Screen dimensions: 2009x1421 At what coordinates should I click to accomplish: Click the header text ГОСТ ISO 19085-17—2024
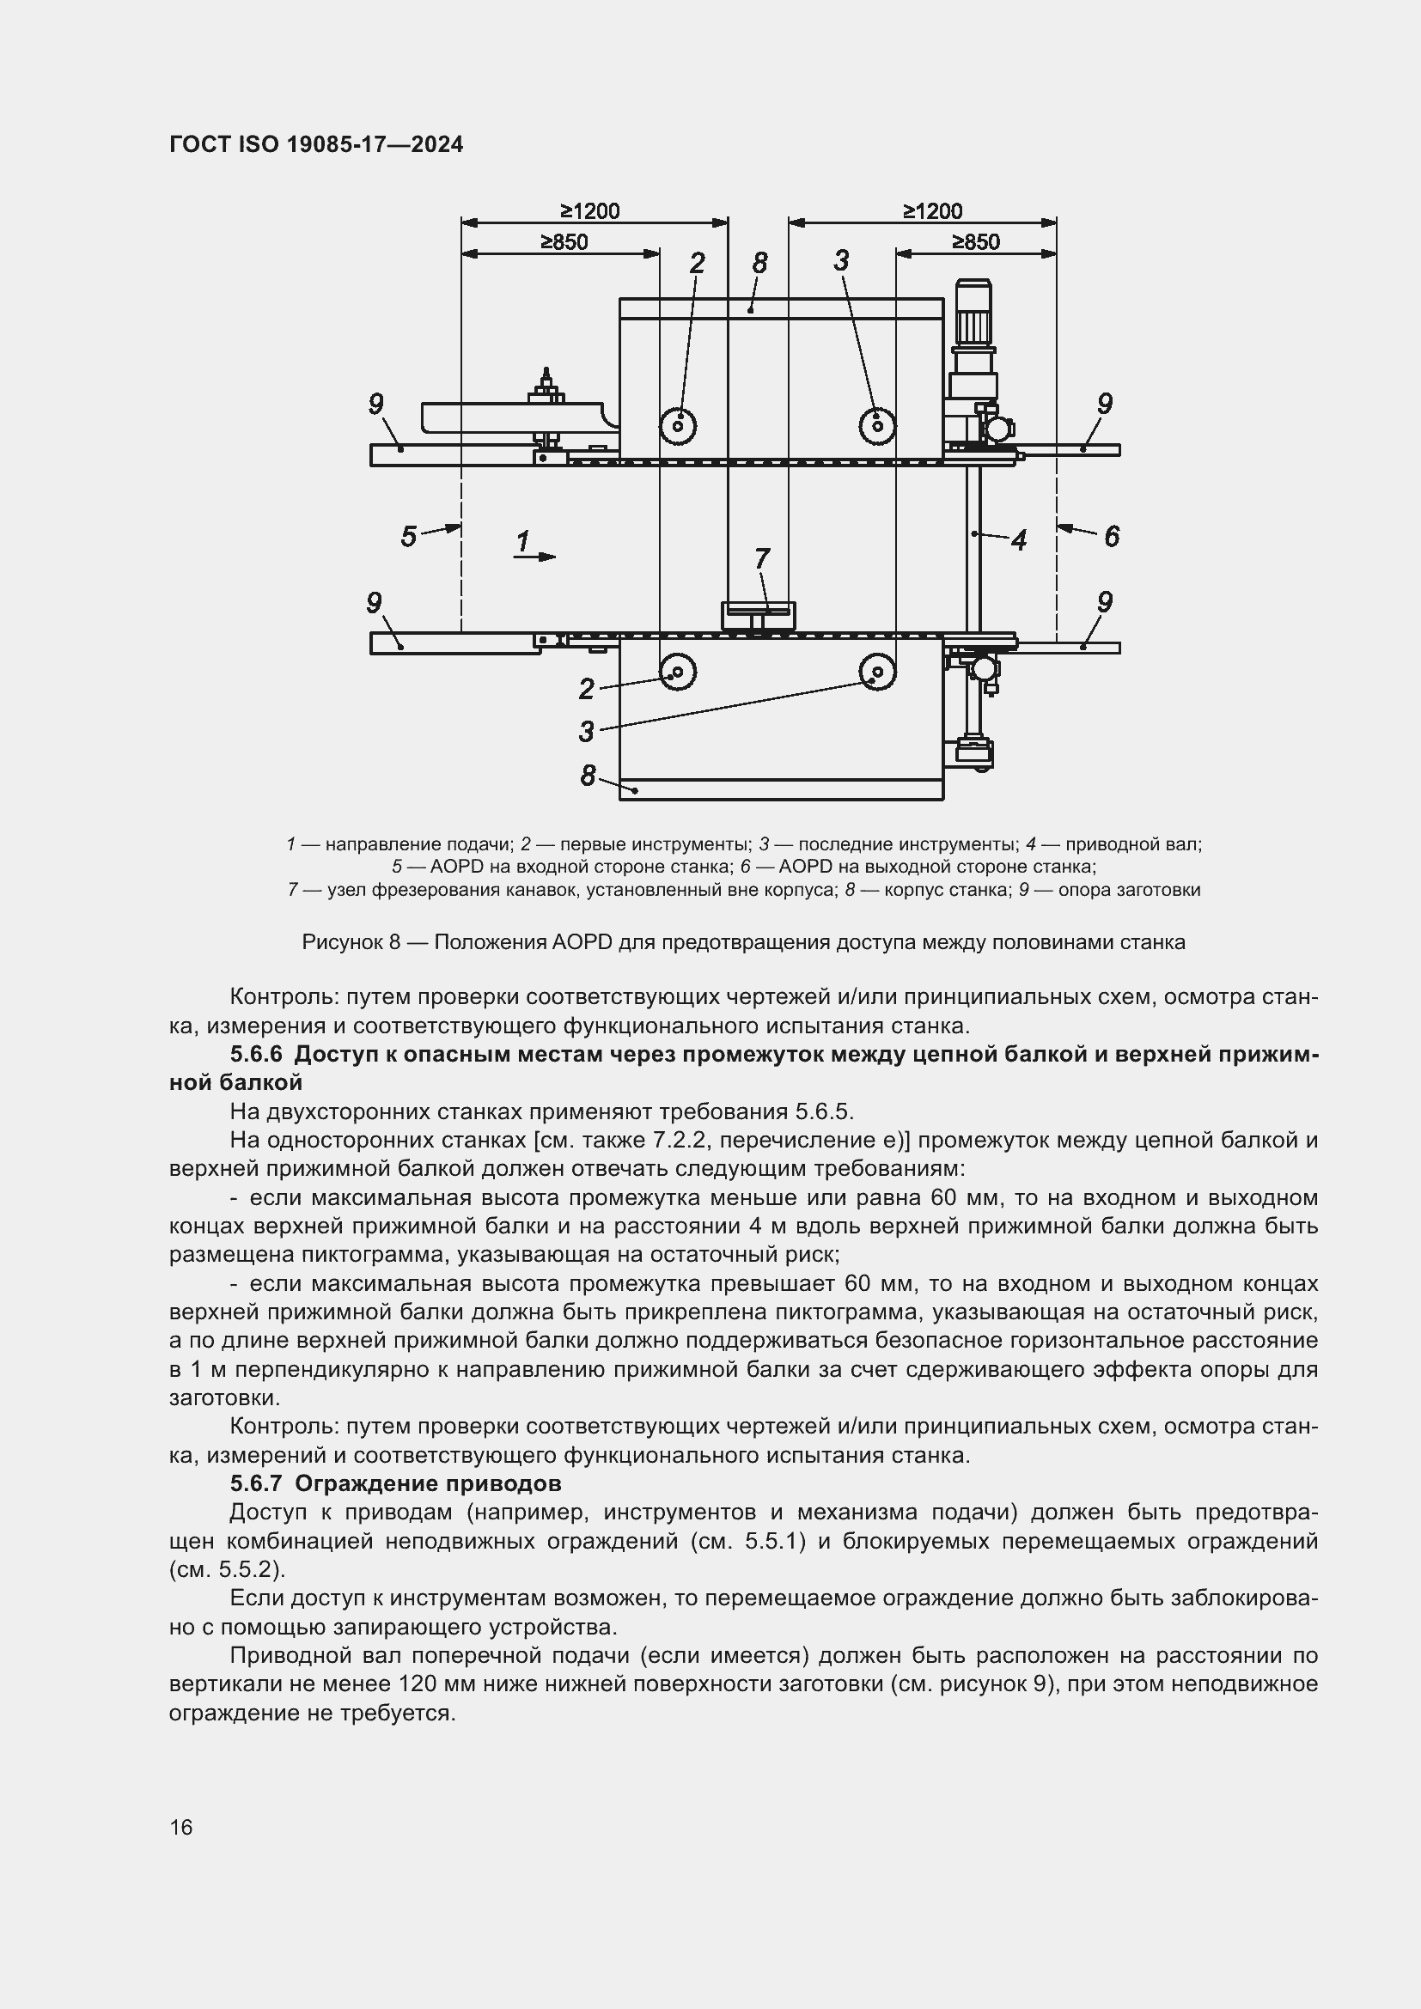(x=316, y=144)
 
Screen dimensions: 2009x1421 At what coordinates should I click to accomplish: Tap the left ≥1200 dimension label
(x=589, y=211)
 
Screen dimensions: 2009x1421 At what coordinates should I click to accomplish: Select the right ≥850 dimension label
(x=976, y=242)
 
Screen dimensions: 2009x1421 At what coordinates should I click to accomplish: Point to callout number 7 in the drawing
(x=762, y=557)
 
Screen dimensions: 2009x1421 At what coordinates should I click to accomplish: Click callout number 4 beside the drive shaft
(x=1019, y=540)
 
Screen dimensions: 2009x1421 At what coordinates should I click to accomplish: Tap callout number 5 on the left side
(x=409, y=535)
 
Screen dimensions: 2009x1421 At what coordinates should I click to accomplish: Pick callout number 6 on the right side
(x=1111, y=535)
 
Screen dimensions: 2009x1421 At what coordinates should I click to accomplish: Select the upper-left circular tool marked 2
(x=678, y=425)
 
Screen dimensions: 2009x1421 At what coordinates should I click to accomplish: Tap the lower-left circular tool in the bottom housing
(x=678, y=673)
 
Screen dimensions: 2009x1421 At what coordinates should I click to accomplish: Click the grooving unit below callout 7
(x=758, y=615)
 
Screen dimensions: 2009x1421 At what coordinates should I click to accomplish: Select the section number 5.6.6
(x=258, y=1055)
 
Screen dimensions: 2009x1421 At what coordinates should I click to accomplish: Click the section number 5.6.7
(x=258, y=1484)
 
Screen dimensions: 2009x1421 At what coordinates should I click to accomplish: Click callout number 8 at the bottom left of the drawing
(x=588, y=776)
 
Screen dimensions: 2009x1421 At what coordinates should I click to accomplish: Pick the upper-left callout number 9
(x=375, y=405)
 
